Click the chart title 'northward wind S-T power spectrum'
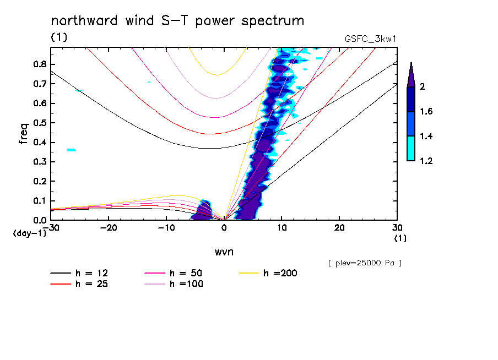pyautogui.click(x=177, y=21)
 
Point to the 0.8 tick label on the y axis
pyautogui.click(x=39, y=64)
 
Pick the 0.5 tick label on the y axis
pyautogui.click(x=39, y=123)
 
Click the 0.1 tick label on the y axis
pyautogui.click(x=39, y=201)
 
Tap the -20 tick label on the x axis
pyautogui.click(x=109, y=227)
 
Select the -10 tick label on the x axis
pyautogui.click(x=166, y=227)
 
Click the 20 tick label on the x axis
pyautogui.click(x=340, y=227)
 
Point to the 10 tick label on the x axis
pyautogui.click(x=282, y=227)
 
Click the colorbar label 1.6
pyautogui.click(x=427, y=111)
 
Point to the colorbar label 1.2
pyautogui.click(x=427, y=161)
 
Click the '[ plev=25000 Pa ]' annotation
pyautogui.click(x=365, y=263)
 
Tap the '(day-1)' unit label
pyautogui.click(x=29, y=233)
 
